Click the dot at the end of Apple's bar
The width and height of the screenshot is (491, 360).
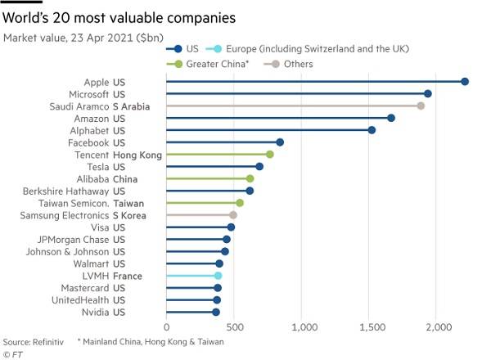pos(465,82)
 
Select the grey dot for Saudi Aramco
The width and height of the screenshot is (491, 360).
pos(421,106)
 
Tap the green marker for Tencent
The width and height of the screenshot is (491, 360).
pos(269,154)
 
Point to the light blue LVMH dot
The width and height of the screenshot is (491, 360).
pos(218,276)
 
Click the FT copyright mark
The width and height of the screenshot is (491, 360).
pos(12,354)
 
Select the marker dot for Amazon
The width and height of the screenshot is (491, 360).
pos(391,118)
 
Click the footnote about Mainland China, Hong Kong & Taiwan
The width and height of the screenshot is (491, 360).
pos(150,341)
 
